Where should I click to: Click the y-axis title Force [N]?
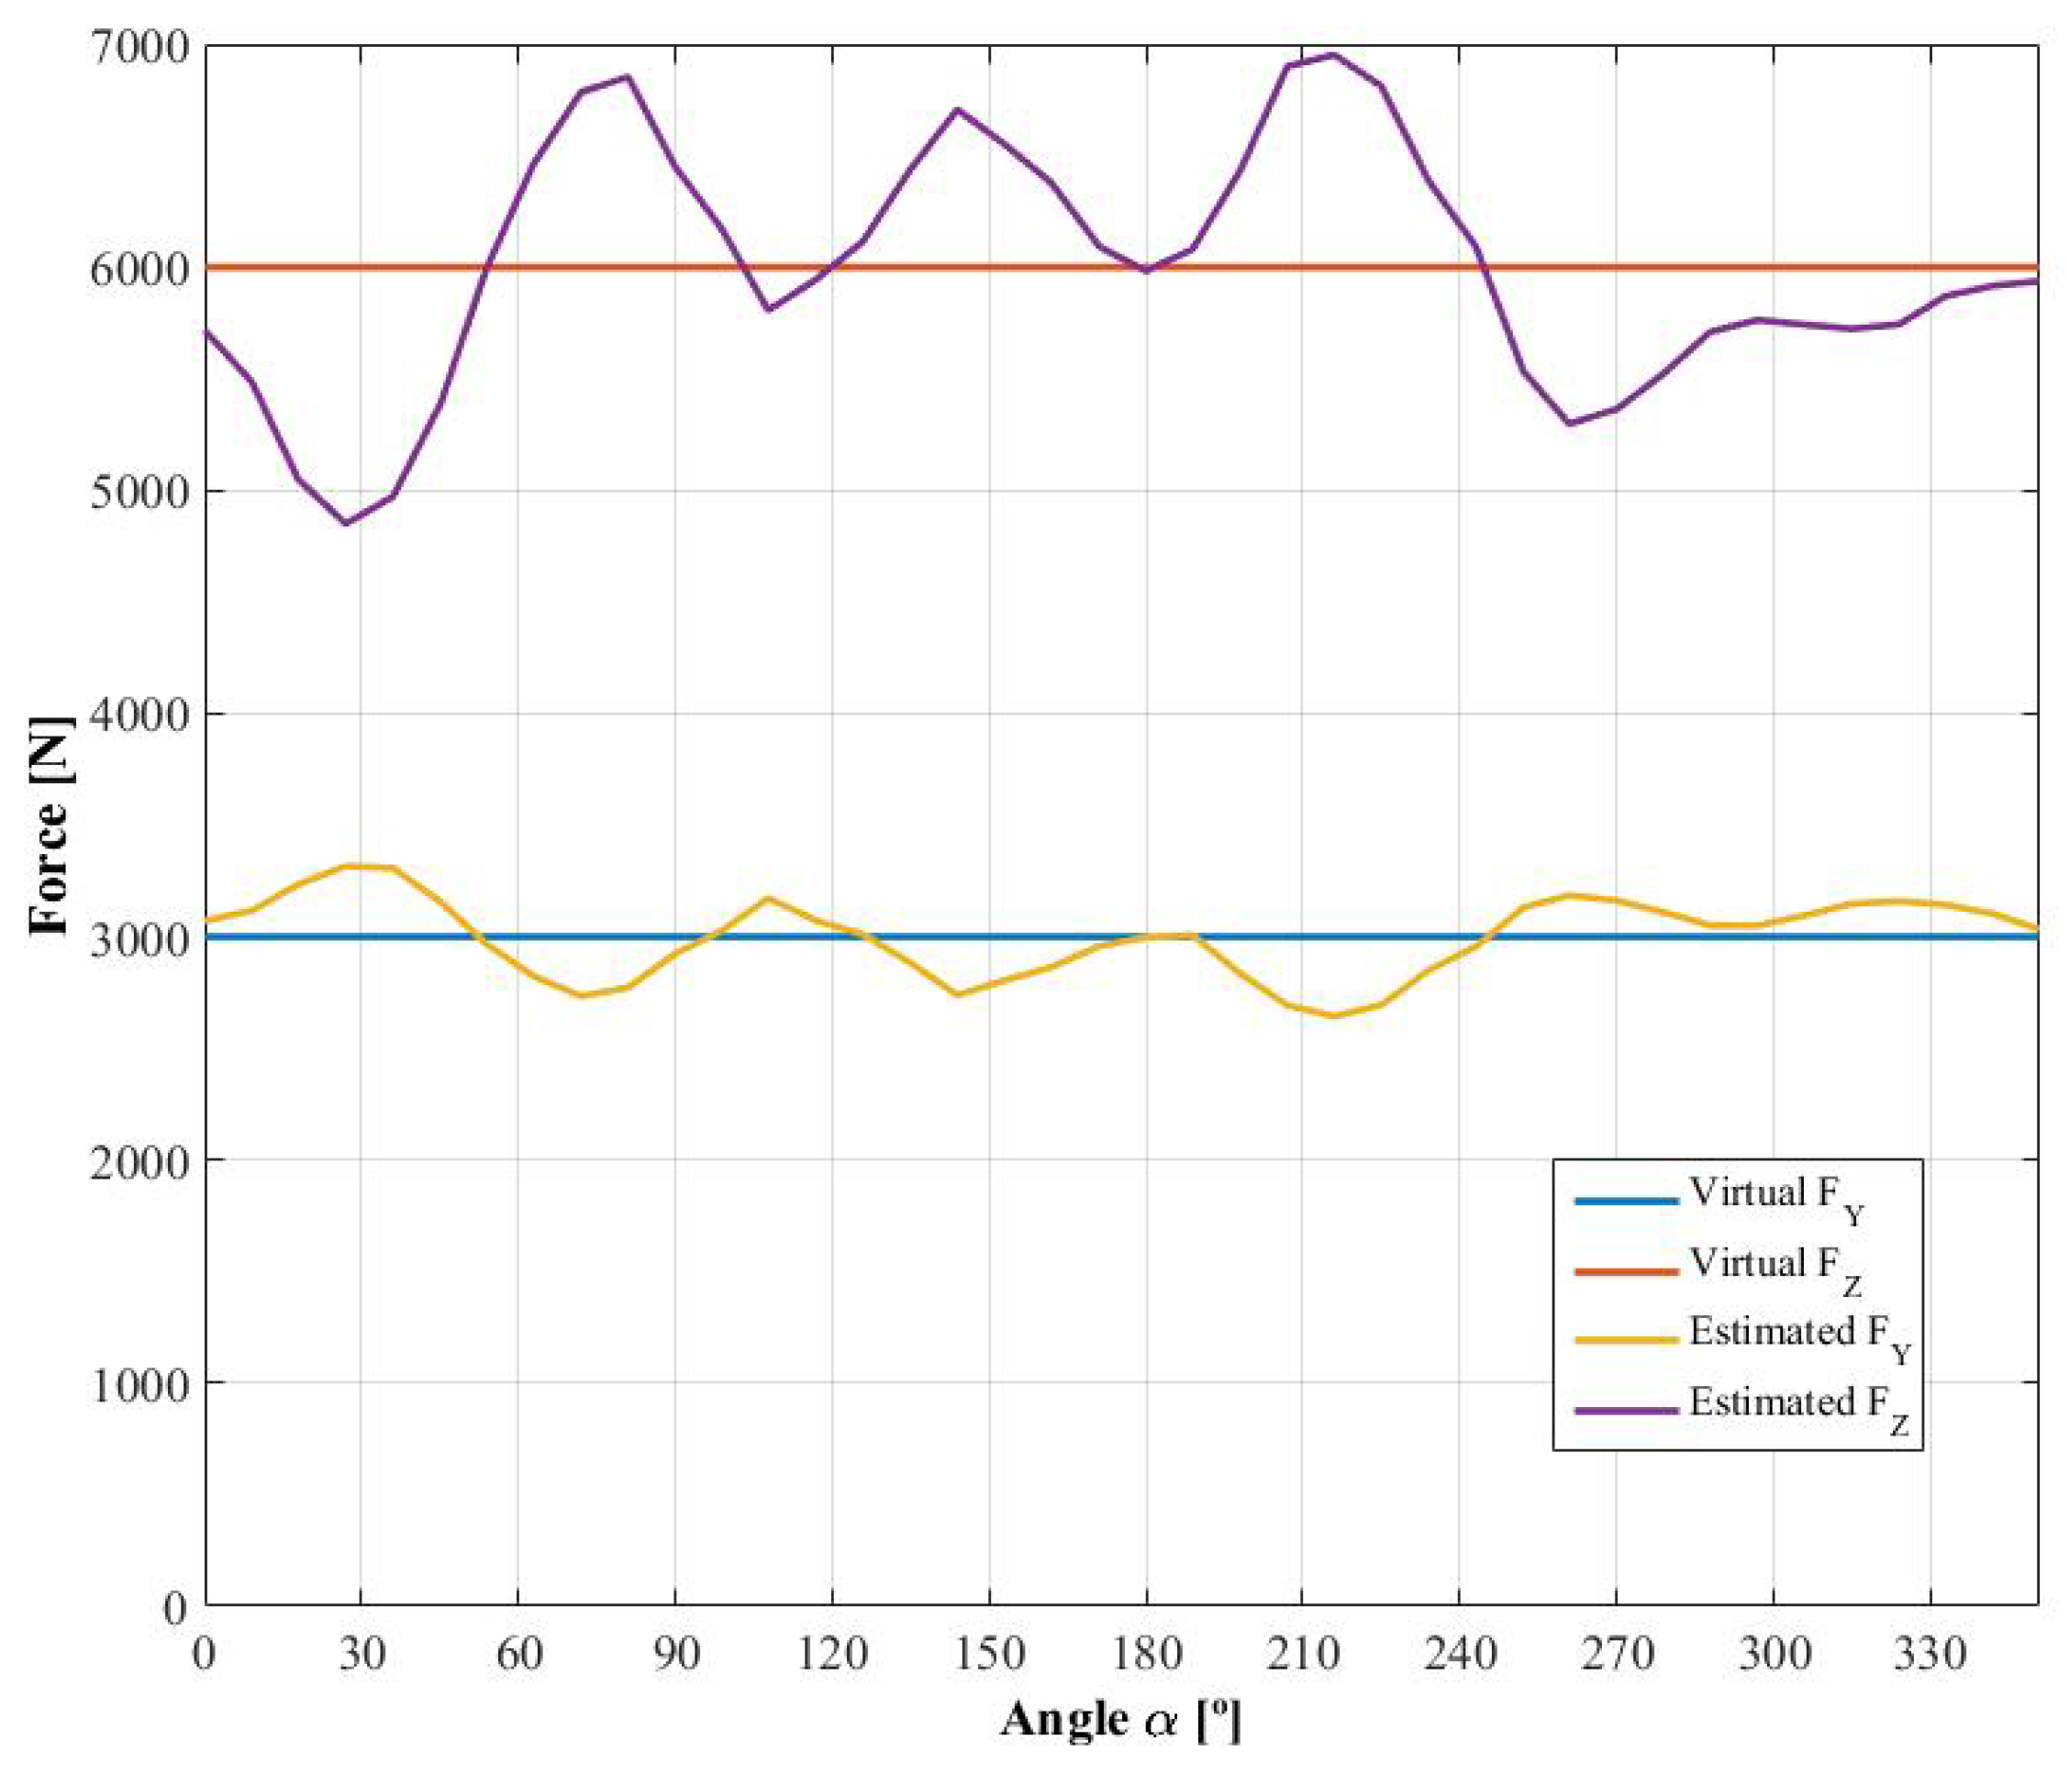click(x=50, y=826)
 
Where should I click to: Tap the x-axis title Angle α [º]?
click(x=1120, y=1720)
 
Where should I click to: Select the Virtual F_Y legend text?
click(x=1776, y=1198)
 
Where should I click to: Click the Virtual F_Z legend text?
click(x=1776, y=1269)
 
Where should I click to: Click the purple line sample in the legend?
click(x=1626, y=1411)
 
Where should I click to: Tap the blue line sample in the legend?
click(x=1626, y=1201)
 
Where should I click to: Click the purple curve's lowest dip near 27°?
click(x=347, y=523)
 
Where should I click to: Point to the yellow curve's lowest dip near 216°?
click(x=1334, y=1016)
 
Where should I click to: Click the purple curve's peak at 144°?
click(x=958, y=109)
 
